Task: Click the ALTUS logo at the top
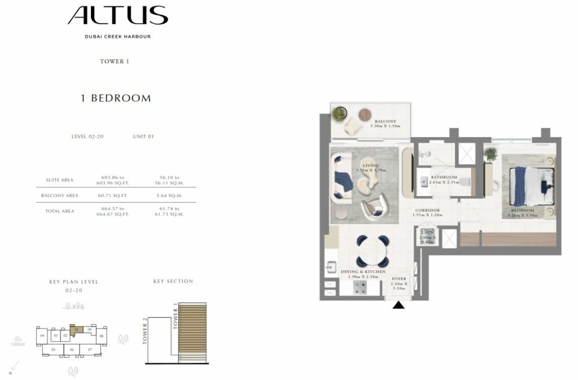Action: coord(117,16)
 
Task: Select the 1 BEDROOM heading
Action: coord(116,98)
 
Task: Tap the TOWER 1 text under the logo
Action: coord(115,62)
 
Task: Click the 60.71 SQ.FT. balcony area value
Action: coord(112,196)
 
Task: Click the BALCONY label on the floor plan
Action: coord(385,121)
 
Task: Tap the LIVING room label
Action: coord(371,165)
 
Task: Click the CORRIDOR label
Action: coord(427,211)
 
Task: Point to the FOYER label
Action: coord(399,278)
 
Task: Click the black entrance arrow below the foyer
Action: coord(399,305)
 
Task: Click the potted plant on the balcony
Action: coord(339,114)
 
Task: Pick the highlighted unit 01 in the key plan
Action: coord(76,328)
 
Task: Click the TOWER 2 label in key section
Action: coord(145,330)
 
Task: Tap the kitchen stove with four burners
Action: coord(360,287)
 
